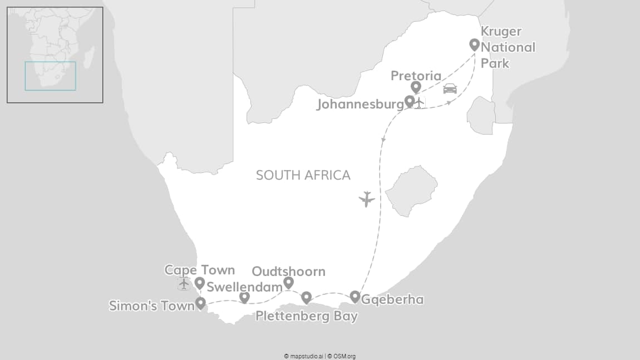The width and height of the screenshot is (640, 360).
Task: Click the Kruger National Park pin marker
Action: coord(474,45)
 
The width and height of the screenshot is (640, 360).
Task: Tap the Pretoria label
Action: coord(416,76)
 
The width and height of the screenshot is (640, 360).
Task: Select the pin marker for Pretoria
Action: coord(415,87)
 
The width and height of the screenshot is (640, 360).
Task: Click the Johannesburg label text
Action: coord(360,104)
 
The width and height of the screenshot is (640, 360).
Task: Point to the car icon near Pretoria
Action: coord(450,88)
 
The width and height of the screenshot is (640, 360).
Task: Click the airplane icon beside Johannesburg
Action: coord(420,102)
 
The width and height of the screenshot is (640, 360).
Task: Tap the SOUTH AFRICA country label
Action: coord(303,175)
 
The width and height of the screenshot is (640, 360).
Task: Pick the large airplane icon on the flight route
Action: coord(366,199)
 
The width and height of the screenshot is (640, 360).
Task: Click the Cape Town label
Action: coord(199,270)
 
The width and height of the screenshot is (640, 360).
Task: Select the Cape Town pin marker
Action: coord(199,283)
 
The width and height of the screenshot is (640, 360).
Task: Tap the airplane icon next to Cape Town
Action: coord(184,283)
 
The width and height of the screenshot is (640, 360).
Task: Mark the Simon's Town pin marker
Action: coord(200,303)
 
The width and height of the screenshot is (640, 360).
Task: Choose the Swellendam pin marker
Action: coord(244,297)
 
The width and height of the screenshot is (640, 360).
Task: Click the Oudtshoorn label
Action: coord(288,272)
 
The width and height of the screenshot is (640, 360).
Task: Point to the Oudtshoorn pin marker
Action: coord(288,283)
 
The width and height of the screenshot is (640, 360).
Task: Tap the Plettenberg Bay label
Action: coord(306,317)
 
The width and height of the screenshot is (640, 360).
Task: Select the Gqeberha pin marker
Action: coord(355,297)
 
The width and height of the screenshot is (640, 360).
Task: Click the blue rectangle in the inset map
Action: coord(50,76)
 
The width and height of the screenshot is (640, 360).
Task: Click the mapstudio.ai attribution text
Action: coord(303,356)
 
